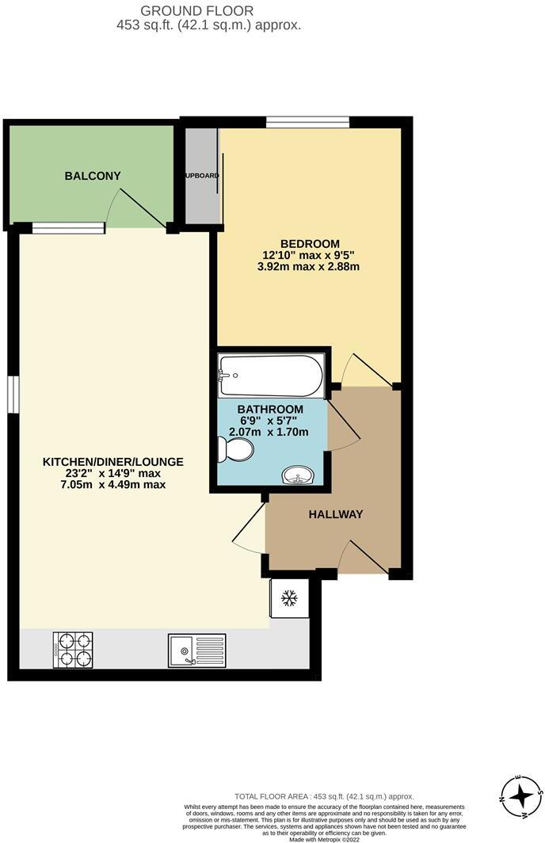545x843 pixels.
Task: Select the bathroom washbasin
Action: [x=299, y=475]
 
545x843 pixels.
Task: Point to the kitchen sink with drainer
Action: [x=196, y=650]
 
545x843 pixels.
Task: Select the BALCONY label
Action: [x=93, y=175]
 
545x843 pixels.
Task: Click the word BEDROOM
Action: [x=310, y=243]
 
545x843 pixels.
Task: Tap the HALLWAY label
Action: [x=336, y=514]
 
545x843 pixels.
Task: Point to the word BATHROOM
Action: [x=270, y=409]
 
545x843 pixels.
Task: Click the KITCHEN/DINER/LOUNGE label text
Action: [x=113, y=461]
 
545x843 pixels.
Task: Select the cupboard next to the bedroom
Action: [x=201, y=175]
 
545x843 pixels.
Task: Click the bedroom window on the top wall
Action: [x=307, y=121]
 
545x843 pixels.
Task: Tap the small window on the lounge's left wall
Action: [x=13, y=394]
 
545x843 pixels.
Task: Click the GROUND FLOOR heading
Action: [x=196, y=11]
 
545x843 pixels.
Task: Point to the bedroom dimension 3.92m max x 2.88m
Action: [x=310, y=267]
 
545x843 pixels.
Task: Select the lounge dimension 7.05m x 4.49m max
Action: [x=113, y=485]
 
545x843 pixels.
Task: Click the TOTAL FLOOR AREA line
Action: [x=324, y=796]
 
